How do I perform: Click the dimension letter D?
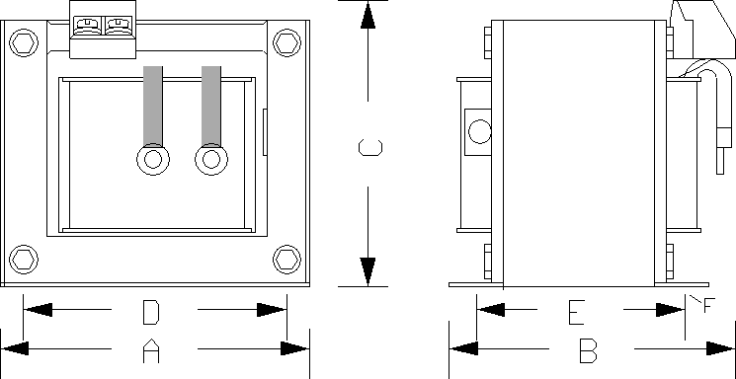(x=151, y=313)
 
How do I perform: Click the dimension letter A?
(x=151, y=351)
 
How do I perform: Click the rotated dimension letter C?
(x=370, y=147)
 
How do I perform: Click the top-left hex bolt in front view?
(x=24, y=43)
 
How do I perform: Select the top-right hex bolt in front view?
(x=286, y=43)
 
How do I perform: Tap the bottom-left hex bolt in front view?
(x=24, y=259)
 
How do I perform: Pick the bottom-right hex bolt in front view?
(x=286, y=259)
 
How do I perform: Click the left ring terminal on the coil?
(x=153, y=159)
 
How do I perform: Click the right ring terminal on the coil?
(x=211, y=159)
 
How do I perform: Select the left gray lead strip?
(x=153, y=107)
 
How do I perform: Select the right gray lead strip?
(x=211, y=107)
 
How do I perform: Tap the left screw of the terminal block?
(x=88, y=26)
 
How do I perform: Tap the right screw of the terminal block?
(x=118, y=26)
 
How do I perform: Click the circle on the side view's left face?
(x=480, y=131)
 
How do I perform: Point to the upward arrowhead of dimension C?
(x=368, y=16)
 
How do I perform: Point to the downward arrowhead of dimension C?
(x=368, y=271)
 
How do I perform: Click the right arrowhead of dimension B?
(x=720, y=349)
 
